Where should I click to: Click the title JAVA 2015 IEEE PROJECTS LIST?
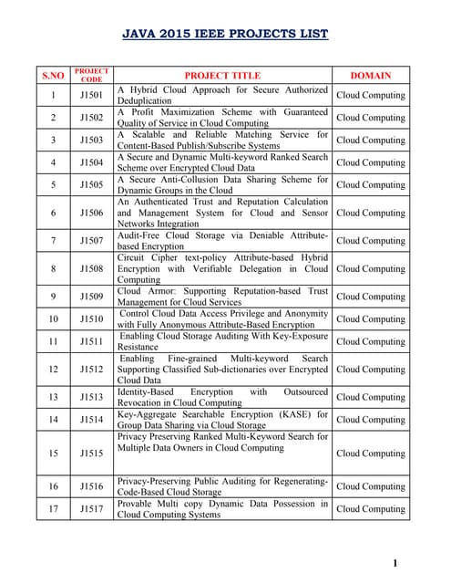tap(225, 35)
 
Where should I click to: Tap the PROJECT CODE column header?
tap(91, 76)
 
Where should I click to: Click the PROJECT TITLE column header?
tap(222, 76)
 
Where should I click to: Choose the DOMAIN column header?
tap(371, 76)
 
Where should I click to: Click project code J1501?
tap(91, 95)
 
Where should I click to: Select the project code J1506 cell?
tap(91, 213)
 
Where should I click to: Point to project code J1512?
tap(91, 370)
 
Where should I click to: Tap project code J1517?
tap(91, 509)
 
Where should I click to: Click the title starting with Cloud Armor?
tap(222, 297)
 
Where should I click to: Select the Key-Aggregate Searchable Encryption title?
tap(222, 420)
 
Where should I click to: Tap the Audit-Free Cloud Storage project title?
tap(222, 241)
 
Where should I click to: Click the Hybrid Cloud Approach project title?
tap(222, 95)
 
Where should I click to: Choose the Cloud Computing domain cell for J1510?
tap(371, 319)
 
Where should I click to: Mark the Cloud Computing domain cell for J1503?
tap(371, 141)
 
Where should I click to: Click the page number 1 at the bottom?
tap(395, 564)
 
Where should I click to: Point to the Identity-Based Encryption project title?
tap(222, 397)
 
